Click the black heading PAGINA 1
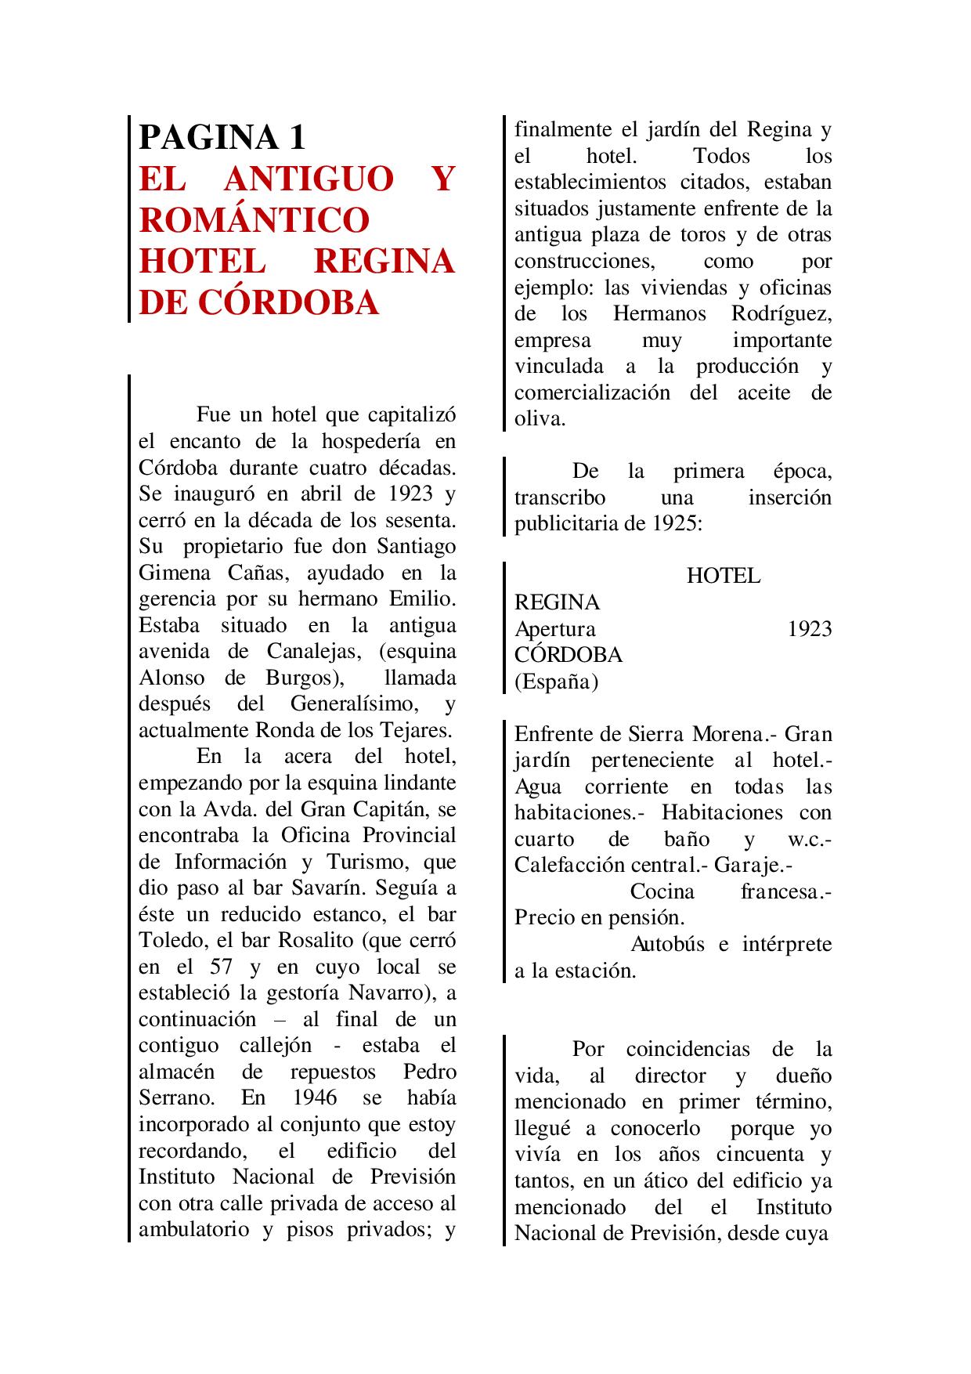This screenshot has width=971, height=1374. click(222, 137)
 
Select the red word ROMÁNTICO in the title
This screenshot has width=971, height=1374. click(254, 220)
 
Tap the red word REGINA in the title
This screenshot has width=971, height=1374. click(384, 262)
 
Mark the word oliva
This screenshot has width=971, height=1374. click(539, 418)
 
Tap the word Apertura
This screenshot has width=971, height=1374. click(554, 628)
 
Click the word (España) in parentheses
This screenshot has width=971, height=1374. click(556, 682)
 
